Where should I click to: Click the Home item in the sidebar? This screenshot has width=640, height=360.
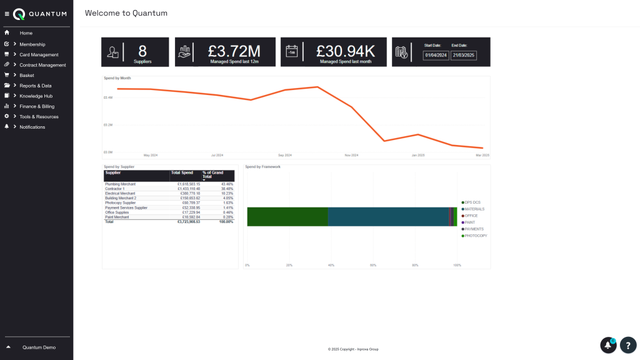[x=26, y=33]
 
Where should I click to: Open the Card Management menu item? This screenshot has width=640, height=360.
[x=39, y=54]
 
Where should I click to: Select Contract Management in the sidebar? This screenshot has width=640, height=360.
[x=42, y=65]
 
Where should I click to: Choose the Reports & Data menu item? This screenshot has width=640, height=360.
[x=36, y=86]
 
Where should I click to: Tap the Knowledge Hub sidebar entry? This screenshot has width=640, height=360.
[x=36, y=96]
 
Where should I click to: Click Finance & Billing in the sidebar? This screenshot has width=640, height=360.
[x=37, y=106]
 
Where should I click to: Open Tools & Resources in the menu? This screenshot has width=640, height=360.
[x=39, y=117]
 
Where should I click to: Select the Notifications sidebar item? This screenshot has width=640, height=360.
[x=32, y=127]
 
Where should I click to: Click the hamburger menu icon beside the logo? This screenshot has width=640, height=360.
[x=7, y=14]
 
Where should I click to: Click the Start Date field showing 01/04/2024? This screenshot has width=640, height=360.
[x=436, y=55]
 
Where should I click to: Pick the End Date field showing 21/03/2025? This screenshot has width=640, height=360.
[x=464, y=55]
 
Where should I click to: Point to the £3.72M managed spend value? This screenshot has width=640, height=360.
[x=234, y=51]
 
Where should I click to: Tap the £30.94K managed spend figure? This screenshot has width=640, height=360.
[x=345, y=51]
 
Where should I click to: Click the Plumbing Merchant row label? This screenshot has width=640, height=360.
[x=121, y=184]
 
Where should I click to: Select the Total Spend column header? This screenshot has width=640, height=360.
[x=182, y=172]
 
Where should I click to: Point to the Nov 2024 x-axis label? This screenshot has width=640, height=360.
[x=351, y=155]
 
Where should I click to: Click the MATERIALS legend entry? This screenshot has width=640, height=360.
[x=474, y=209]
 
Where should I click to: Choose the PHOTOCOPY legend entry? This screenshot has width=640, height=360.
[x=476, y=236]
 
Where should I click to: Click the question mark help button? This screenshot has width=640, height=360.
[x=627, y=345]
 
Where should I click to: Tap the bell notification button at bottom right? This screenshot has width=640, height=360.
[x=608, y=345]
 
